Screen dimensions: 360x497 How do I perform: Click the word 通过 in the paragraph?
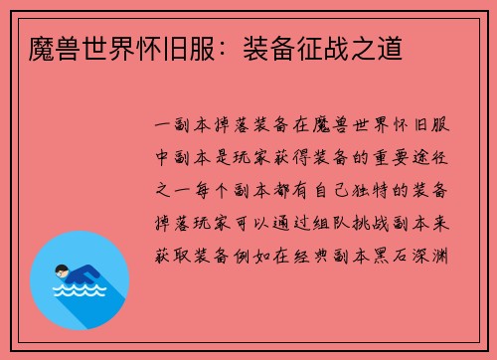[295, 221]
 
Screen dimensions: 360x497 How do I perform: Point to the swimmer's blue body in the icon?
[83, 272]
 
